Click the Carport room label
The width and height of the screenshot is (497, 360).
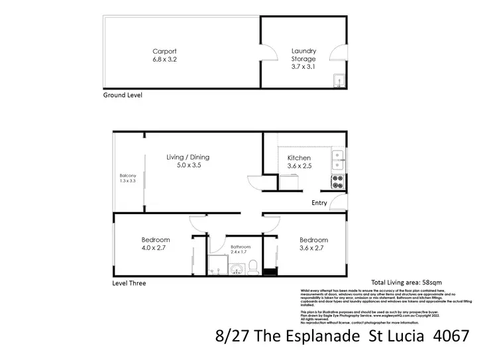coord(164,51)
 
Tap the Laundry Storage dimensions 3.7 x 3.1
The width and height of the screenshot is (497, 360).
coord(304,67)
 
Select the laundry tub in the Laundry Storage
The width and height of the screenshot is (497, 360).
coord(338,81)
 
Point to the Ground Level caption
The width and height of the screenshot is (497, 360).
coord(123,95)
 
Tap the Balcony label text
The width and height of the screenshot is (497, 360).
coord(123,176)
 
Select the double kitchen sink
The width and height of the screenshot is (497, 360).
coord(337,158)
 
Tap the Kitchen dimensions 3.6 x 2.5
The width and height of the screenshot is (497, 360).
coord(299,166)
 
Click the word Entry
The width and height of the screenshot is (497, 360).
coord(319,203)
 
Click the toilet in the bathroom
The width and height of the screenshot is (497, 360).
coord(252,267)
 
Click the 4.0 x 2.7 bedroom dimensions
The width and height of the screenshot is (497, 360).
coord(155,249)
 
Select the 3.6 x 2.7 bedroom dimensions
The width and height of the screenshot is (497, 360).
coord(313,249)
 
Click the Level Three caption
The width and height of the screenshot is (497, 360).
coord(129,283)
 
